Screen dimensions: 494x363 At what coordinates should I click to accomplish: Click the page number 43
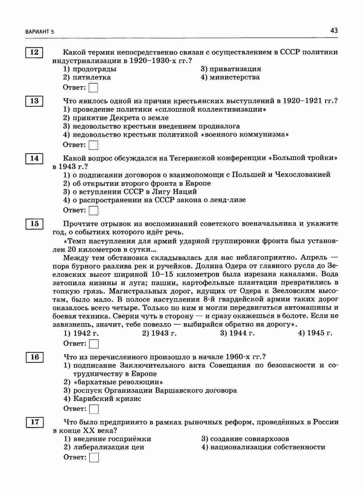pyautogui.click(x=334, y=30)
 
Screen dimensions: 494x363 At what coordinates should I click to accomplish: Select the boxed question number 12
pyautogui.click(x=34, y=52)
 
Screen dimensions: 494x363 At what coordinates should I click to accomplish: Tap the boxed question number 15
pyautogui.click(x=34, y=224)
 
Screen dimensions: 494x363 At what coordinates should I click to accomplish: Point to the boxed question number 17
pyautogui.click(x=35, y=422)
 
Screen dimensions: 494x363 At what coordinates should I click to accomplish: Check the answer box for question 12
pyautogui.click(x=94, y=88)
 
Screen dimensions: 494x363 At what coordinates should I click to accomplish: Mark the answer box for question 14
pyautogui.click(x=94, y=211)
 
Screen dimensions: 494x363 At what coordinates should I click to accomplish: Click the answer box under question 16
pyautogui.click(x=94, y=409)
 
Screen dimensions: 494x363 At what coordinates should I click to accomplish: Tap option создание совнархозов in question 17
pyautogui.click(x=245, y=439)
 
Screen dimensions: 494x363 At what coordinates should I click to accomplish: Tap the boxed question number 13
pyautogui.click(x=34, y=101)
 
